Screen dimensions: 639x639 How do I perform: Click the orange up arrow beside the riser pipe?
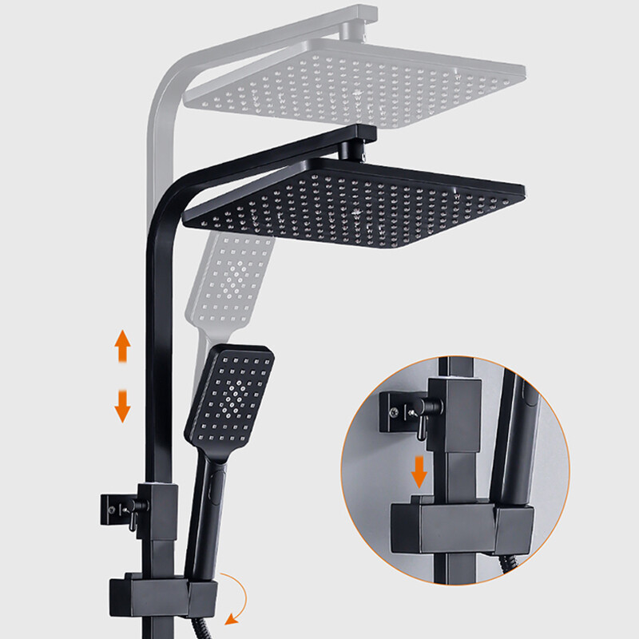click(x=122, y=347)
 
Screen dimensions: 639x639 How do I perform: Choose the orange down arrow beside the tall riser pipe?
click(x=122, y=405)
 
